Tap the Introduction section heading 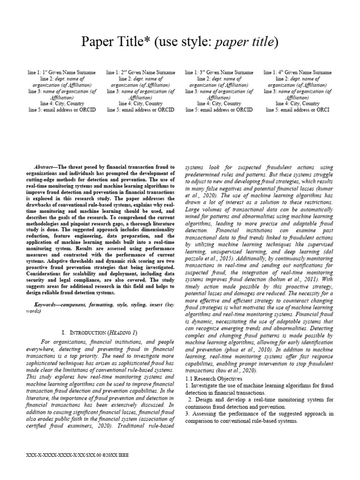(x=99, y=332)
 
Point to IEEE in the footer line (x=122, y=455)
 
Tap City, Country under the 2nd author (x=141, y=103)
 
